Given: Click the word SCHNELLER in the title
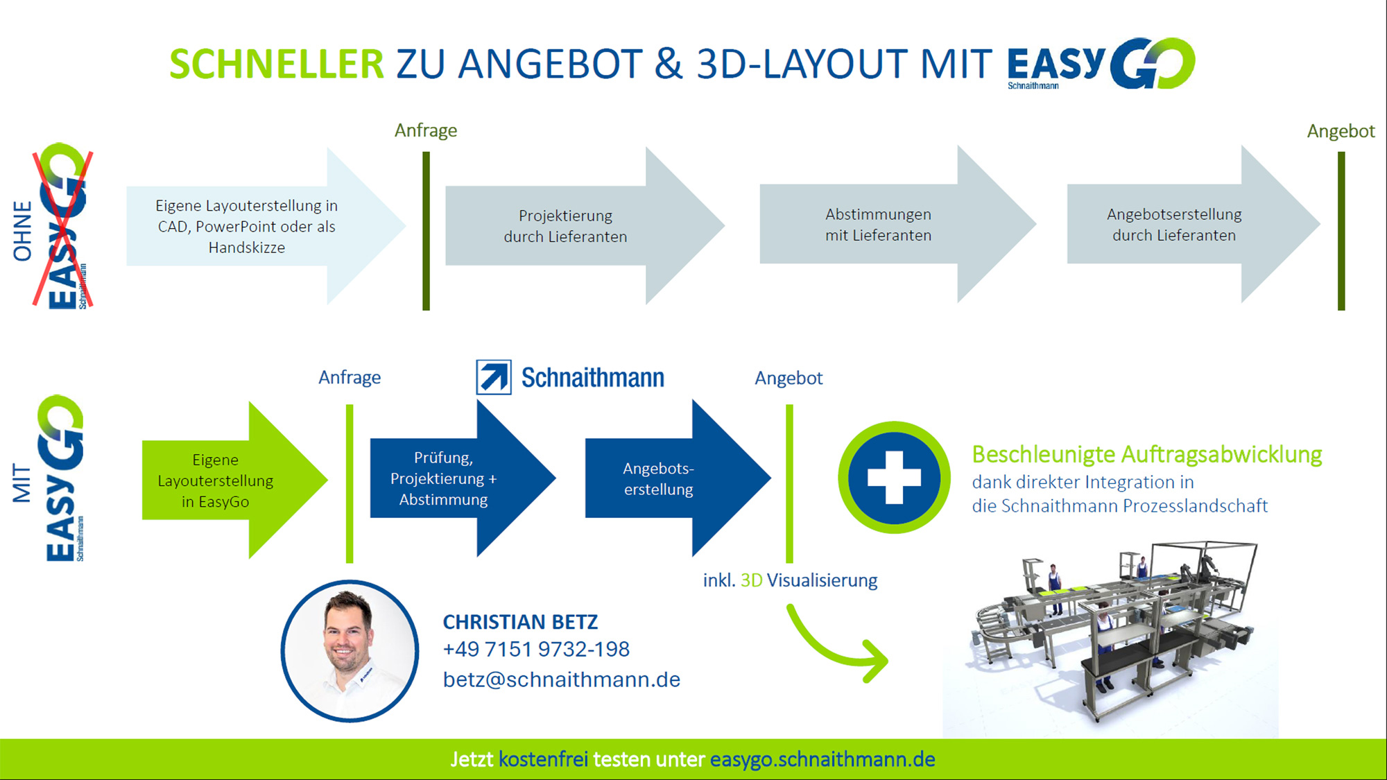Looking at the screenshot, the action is coord(276,64).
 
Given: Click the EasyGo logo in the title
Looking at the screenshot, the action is coord(1101,64).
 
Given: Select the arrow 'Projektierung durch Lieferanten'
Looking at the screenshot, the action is coord(585,225).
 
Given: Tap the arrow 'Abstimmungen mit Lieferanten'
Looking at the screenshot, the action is coord(898,224).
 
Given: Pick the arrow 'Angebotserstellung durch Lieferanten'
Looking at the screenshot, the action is coord(1194,224).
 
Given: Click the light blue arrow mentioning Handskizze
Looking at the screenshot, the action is coord(266,226).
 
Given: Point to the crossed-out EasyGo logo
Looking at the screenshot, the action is coord(63,226).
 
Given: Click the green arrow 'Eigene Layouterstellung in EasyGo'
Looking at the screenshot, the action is coord(234,480).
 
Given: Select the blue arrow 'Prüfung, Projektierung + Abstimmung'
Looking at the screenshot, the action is coord(463,478).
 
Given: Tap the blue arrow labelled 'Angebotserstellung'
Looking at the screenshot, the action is coord(678,478).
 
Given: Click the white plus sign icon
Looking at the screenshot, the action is coord(895,477).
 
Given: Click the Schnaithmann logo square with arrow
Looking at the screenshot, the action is coord(494,377).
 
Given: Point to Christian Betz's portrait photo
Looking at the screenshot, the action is coord(350,651).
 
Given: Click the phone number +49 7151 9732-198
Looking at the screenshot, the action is coord(536,650).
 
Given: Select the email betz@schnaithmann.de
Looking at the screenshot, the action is coord(562,679).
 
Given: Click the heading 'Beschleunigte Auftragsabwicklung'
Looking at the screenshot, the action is coord(1147,455).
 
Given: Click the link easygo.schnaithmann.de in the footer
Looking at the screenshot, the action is coord(822,760).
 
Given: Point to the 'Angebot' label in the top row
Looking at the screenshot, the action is coord(1341,132).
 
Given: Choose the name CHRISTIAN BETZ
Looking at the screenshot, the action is coord(520,622).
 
